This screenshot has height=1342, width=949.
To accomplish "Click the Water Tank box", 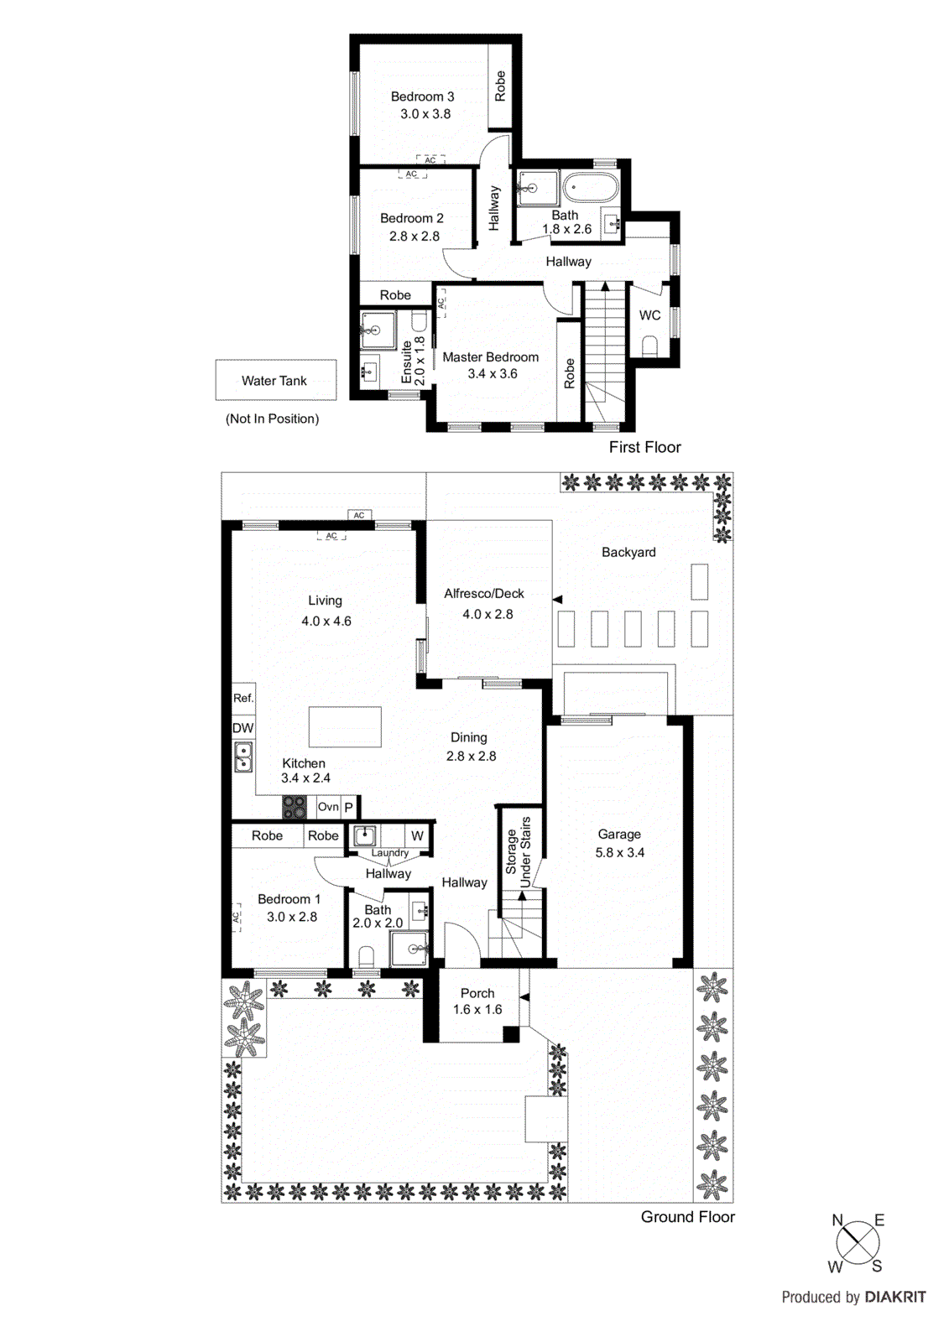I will tap(275, 380).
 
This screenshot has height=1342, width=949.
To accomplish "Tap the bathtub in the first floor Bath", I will tap(590, 188).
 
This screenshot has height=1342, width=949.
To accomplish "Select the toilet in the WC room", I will tap(649, 346).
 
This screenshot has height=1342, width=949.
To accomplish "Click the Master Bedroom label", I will tap(491, 357).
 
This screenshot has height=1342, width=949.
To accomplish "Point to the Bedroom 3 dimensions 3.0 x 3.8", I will tap(425, 114).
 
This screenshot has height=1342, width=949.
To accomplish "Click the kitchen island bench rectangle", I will tap(345, 726).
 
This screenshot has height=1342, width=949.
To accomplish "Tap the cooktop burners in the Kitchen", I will tap(295, 807).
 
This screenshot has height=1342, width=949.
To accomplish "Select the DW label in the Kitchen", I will tap(242, 728).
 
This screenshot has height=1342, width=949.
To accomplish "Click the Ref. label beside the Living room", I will tap(243, 698).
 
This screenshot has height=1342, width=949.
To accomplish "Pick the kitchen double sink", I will tap(242, 757).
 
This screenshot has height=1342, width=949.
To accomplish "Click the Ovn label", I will tap(328, 807).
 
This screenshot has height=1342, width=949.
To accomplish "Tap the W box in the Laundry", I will tap(417, 835).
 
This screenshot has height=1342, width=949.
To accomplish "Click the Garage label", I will tap(619, 835).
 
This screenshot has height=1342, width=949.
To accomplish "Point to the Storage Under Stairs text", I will tap(519, 851).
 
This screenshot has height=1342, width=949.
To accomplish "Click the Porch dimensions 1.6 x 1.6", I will tap(477, 1010).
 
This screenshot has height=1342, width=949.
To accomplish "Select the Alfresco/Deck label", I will tap(484, 594).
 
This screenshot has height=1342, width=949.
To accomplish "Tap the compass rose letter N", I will tap(837, 1220).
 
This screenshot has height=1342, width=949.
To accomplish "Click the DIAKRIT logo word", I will tap(895, 1297).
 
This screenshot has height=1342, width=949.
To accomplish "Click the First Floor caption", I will tap(644, 447).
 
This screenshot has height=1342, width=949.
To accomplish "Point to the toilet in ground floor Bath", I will tap(366, 956).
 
